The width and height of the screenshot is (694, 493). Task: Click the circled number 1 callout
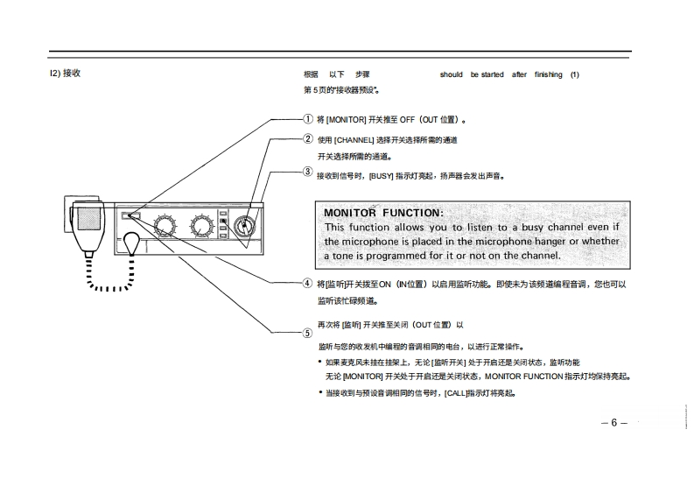(x=308, y=119)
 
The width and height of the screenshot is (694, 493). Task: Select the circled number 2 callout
(x=308, y=139)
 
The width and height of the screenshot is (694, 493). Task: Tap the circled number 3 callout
(x=308, y=171)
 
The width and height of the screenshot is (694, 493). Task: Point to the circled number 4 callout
(x=307, y=283)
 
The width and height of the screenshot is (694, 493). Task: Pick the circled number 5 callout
(x=307, y=333)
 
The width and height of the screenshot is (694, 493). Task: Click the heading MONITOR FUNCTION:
(x=383, y=213)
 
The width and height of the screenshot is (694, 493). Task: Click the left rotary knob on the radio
(x=165, y=225)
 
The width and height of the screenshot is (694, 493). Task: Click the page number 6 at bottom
(x=614, y=423)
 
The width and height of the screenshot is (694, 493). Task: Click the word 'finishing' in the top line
(x=549, y=74)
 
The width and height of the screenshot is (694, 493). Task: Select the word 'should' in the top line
(x=452, y=74)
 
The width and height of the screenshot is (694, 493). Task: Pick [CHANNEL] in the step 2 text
(x=354, y=140)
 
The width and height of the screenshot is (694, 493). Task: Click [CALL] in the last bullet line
(x=455, y=394)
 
